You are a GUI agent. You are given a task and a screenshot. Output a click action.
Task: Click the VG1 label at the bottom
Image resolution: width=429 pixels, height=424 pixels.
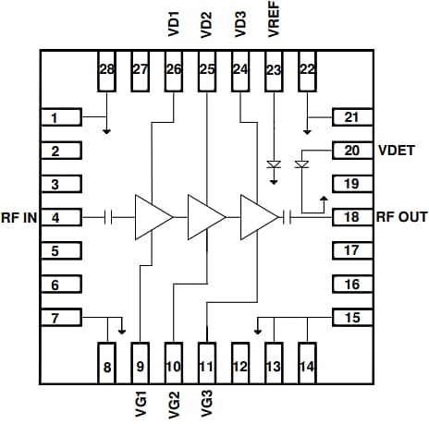tap(141, 403)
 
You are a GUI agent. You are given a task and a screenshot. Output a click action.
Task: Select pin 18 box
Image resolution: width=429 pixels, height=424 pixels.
tap(351, 217)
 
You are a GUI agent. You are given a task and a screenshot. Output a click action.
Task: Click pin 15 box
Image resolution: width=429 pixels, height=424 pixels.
tap(351, 317)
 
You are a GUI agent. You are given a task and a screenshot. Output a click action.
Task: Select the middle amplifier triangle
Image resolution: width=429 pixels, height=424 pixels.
tap(205, 217)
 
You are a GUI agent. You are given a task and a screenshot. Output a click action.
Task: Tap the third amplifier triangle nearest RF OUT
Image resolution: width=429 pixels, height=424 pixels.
tap(258, 217)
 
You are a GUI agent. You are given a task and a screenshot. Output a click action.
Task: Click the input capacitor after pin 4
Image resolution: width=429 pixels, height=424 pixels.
tap(110, 217)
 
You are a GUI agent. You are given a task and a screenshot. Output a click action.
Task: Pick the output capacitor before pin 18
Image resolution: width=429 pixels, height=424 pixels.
tap(289, 217)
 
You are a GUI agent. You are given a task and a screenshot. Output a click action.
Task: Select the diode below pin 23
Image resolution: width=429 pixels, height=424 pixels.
tap(273, 165)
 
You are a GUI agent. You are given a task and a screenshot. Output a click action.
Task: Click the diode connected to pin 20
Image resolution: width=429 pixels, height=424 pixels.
tap(300, 164)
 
